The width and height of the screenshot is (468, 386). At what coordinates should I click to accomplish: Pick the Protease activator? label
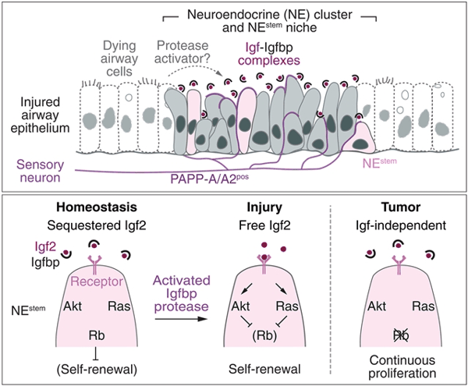coord(185,51)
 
